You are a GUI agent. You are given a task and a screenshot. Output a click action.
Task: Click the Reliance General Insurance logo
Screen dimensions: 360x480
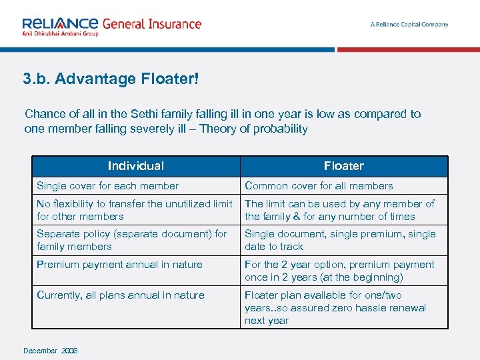tap(111, 25)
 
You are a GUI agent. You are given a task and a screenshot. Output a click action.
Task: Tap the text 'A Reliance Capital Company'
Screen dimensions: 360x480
tap(409, 25)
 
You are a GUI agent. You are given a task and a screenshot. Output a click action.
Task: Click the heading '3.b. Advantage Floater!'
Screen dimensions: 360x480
tap(111, 79)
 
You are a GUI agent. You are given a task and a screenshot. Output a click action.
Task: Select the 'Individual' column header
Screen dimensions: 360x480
tap(136, 166)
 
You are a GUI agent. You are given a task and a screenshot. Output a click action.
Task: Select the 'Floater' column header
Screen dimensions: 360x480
tap(344, 166)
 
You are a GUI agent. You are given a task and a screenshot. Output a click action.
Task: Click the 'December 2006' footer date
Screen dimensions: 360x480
tap(50, 351)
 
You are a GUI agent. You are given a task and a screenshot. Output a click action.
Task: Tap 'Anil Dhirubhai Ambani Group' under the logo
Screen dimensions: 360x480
tap(60, 33)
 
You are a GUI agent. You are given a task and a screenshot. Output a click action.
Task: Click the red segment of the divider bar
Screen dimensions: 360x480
tap(407, 49)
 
